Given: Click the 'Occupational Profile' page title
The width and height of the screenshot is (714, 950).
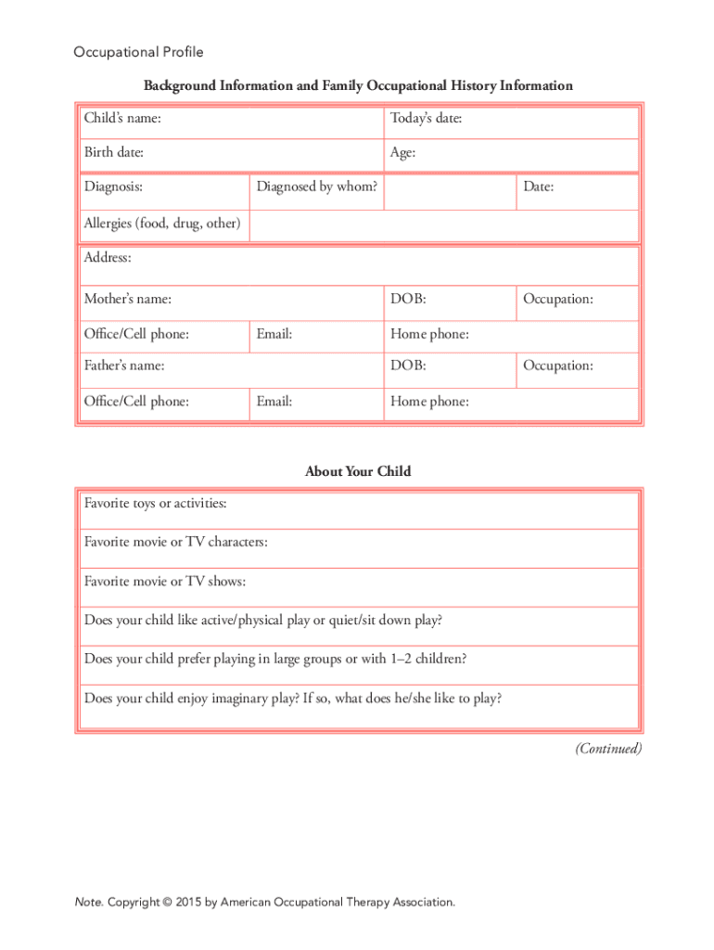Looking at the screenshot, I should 138,52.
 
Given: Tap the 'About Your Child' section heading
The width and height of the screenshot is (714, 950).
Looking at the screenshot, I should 358,471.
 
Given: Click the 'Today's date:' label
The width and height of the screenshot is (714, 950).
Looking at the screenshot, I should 426,119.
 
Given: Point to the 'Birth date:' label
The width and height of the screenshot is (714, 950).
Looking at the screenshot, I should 113,152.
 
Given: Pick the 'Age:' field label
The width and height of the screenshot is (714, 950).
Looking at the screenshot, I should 402,152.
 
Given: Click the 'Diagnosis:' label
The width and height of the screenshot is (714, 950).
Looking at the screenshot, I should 113,186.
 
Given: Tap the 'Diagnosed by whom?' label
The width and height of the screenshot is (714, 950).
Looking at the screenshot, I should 317,186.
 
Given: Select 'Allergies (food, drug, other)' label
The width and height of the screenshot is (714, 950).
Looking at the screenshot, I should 162,224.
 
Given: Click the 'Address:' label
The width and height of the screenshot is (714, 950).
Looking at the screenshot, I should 108,257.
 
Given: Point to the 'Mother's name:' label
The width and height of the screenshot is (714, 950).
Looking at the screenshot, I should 127,300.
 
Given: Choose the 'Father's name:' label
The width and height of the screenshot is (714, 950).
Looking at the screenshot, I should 124,366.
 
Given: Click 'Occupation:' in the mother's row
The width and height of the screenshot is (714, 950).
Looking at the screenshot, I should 558,300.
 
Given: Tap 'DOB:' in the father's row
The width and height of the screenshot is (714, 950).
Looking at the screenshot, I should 408,366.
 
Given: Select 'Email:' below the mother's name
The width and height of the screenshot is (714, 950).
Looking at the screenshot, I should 274,334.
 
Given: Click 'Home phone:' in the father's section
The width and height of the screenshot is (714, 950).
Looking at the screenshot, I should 429,402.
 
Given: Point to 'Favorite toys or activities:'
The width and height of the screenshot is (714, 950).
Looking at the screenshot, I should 155,504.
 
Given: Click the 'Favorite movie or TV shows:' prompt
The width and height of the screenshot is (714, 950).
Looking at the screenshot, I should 165,582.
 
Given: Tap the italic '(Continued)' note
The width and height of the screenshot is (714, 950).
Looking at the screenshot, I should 608,749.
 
